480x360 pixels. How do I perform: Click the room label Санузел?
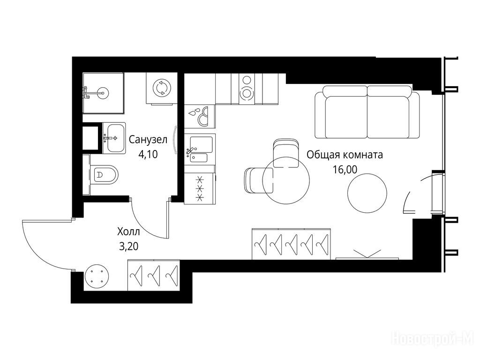click(148, 140)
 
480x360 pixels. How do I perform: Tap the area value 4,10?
click(148, 154)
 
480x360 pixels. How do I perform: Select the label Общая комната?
click(345, 155)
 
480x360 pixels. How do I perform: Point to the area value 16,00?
click(345, 169)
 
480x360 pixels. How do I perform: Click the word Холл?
click(128, 232)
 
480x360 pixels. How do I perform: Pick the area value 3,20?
click(128, 246)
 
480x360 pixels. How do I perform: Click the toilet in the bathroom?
click(104, 175)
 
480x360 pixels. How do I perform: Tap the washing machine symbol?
click(161, 88)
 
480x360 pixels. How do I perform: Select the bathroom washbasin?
click(113, 138)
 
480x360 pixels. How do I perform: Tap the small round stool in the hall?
click(96, 276)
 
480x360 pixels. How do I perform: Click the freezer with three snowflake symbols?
click(200, 188)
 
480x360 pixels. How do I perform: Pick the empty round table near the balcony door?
click(367, 193)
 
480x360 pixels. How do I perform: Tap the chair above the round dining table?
click(285, 153)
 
